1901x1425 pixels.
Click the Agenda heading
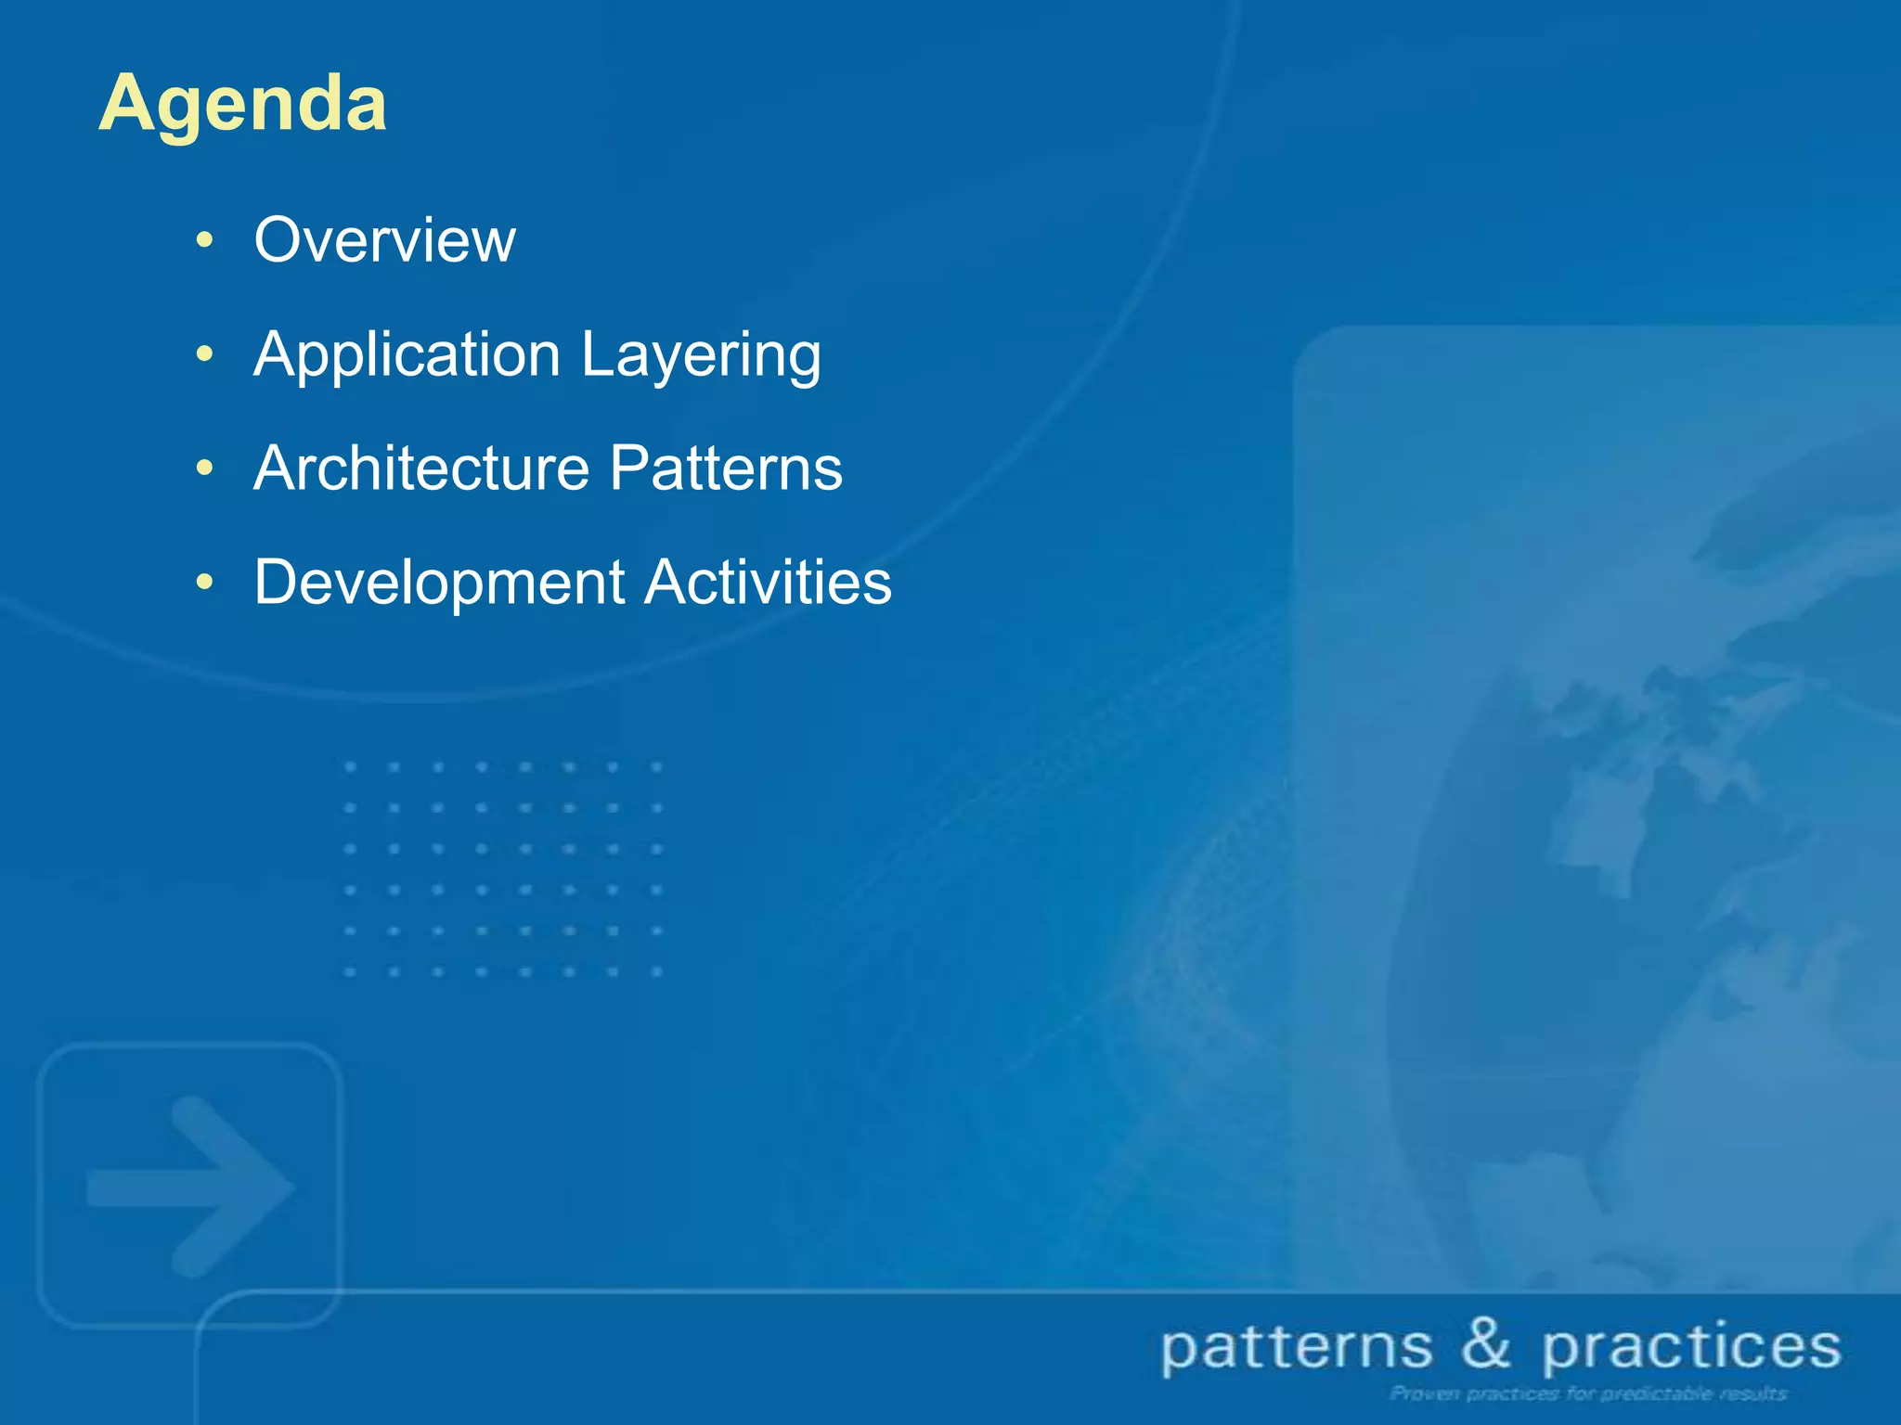242,104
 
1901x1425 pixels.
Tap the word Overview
384,240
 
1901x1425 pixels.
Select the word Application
407,356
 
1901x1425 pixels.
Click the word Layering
701,356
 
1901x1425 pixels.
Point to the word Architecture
420,469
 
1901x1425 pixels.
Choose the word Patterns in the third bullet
726,469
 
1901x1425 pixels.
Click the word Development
439,584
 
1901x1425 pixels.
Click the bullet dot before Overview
204,241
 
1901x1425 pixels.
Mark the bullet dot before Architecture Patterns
204,469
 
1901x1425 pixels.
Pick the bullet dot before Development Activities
204,583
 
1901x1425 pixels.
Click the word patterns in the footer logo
1297,1348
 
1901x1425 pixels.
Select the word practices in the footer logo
1691,1348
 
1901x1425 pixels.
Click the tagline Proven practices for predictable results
1588,1393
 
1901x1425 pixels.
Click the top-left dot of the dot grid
350,767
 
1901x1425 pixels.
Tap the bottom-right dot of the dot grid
656,971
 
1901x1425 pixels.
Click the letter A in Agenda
127,104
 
